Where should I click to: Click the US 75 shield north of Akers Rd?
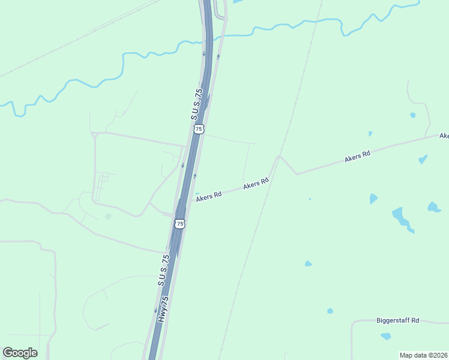[x=199, y=128]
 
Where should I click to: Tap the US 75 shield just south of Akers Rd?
[x=180, y=223]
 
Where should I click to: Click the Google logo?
[x=20, y=353]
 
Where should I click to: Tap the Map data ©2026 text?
[x=423, y=355]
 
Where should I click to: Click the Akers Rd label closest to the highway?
[x=209, y=195]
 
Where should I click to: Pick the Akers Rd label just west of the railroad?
[x=256, y=184]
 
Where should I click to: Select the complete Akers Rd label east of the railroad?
[x=357, y=157]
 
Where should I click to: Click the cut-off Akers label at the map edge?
[x=444, y=136]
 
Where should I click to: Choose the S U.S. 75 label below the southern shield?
[x=164, y=269]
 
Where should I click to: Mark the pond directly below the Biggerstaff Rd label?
[x=385, y=336]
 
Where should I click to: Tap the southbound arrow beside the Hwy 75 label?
[x=155, y=311]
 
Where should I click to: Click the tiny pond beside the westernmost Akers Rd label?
[x=197, y=193]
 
